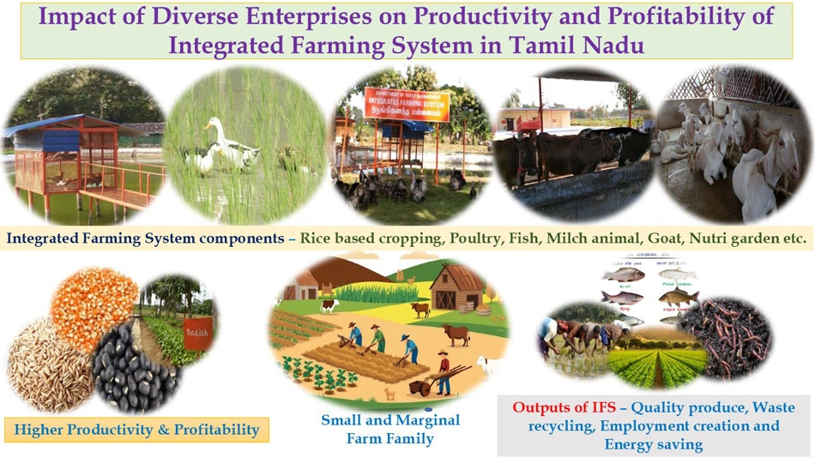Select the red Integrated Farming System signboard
[x=399, y=102]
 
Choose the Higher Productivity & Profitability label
[x=137, y=428]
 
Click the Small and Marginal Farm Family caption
[x=390, y=430]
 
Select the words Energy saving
[x=654, y=444]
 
